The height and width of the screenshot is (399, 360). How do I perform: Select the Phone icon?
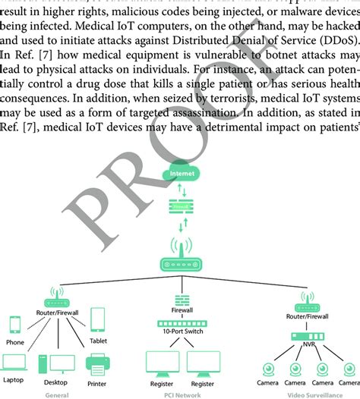[x=15, y=325]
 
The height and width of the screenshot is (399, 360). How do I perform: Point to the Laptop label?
[x=14, y=379]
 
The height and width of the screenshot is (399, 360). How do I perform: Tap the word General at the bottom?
[x=57, y=394]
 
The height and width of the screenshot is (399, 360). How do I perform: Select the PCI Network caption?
[x=181, y=394]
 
